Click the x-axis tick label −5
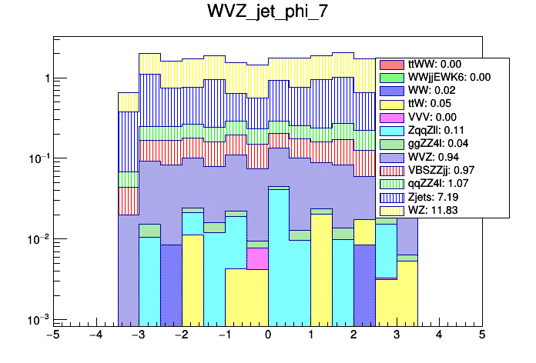coord(53,336)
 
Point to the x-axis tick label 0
coord(267,336)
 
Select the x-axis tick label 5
coord(481,336)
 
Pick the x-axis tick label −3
coord(139,336)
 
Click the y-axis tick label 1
coord(47,78)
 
